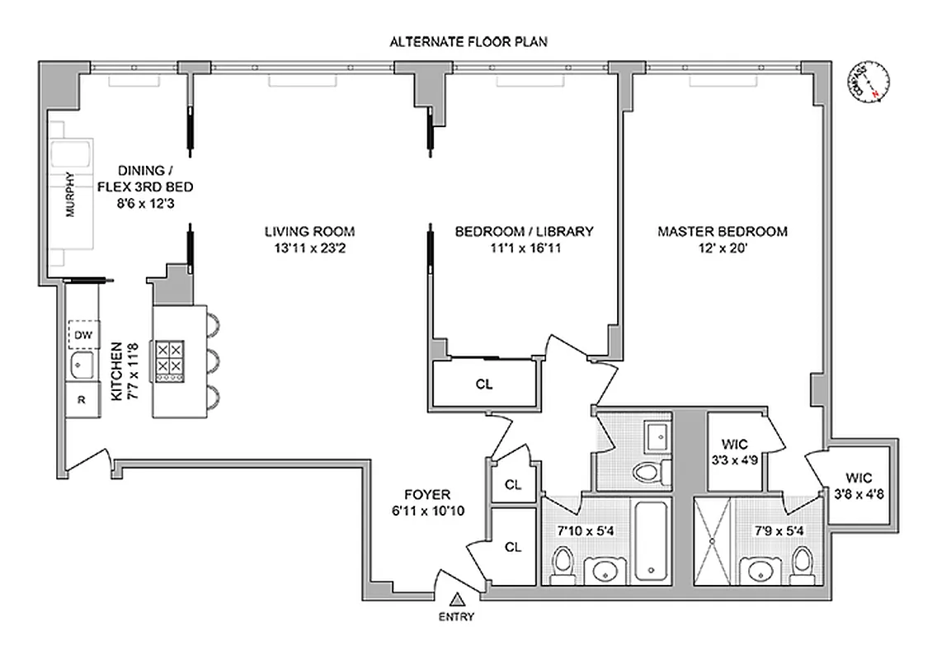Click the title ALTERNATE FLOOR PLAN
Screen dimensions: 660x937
tap(468, 40)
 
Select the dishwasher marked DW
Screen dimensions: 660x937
tap(83, 334)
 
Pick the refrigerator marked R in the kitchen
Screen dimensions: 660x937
tap(82, 400)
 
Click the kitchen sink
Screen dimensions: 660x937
tap(82, 366)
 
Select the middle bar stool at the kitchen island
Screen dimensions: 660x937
tap(213, 360)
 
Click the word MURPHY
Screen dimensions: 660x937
tap(70, 193)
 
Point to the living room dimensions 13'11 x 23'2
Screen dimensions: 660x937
tap(310, 247)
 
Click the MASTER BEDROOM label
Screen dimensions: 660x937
tap(722, 232)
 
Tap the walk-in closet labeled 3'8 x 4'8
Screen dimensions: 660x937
tap(861, 487)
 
